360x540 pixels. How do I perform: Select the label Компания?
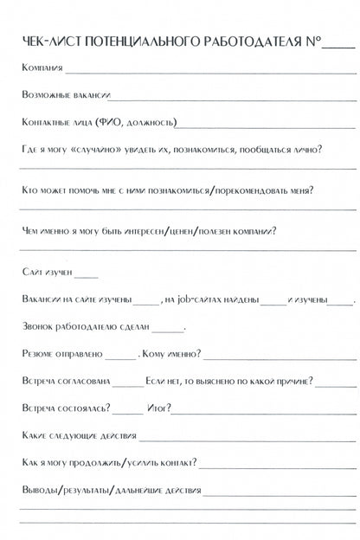pyautogui.click(x=41, y=68)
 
